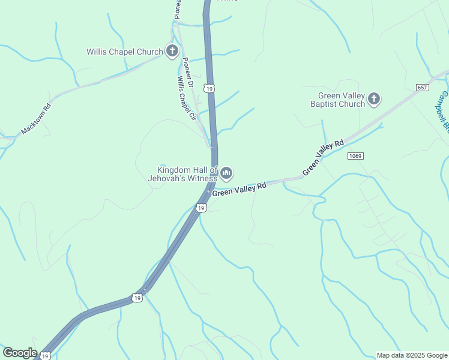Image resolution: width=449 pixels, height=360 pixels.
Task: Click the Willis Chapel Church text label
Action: pos(124,52)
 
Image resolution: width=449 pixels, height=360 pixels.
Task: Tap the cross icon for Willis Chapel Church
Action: pos(172,51)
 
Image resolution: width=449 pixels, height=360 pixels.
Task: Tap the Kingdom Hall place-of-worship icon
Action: pos(226,173)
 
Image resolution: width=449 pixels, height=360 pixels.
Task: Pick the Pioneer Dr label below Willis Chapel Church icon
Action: pos(187,73)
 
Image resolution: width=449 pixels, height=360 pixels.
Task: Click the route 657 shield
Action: pos(421,88)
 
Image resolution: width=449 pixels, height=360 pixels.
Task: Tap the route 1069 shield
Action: pos(355,156)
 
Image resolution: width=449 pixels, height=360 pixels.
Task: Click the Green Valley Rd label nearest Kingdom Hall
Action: pos(240,190)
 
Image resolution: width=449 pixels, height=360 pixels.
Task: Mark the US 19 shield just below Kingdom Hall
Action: pos(201,208)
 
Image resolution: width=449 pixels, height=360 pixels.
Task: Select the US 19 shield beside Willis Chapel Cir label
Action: pos(209,88)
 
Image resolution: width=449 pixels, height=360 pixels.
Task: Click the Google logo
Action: pos(20,353)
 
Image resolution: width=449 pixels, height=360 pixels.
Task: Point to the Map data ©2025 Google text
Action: pos(411,355)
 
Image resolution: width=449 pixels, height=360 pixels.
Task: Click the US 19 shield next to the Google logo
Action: pos(44,356)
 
